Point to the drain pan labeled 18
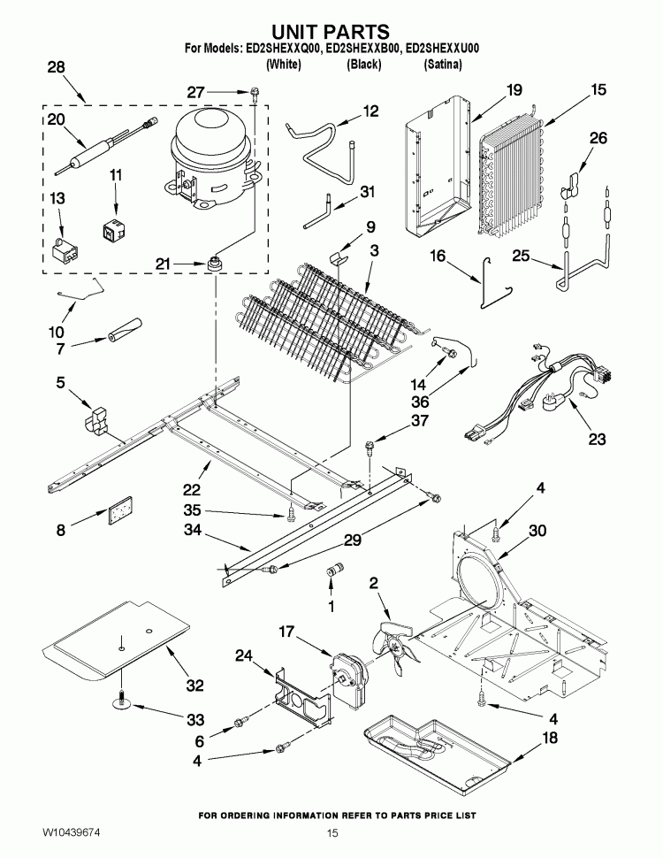(438, 751)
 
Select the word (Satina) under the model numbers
(443, 65)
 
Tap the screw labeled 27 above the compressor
(254, 91)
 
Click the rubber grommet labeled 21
(214, 264)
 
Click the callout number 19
(514, 89)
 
